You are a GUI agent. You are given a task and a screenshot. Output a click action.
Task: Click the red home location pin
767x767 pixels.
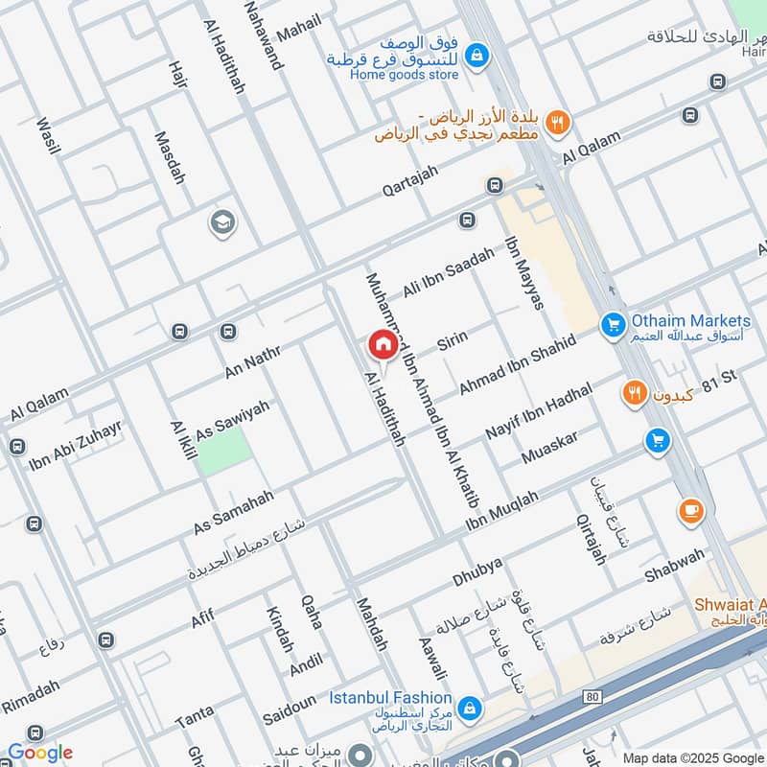(383, 345)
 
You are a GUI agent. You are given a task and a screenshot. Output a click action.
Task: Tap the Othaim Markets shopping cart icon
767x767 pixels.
(613, 326)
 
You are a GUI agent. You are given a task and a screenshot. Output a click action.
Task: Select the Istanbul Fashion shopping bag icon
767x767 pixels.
(469, 708)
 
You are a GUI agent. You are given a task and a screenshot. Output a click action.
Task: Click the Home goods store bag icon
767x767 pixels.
(476, 57)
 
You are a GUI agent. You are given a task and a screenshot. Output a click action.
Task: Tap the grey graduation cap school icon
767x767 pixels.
(222, 223)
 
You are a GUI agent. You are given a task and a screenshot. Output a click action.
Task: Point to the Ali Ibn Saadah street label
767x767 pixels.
(448, 272)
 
